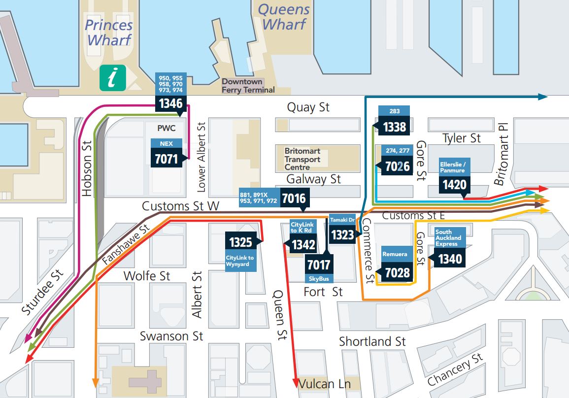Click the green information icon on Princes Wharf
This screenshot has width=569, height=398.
click(113, 78)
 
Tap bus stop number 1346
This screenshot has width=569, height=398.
click(170, 103)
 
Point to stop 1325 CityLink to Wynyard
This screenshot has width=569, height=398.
click(240, 242)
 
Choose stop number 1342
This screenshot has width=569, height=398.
click(303, 244)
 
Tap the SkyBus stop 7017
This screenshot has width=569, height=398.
click(318, 265)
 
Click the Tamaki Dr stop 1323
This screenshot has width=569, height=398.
click(342, 234)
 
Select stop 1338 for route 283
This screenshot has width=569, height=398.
click(395, 127)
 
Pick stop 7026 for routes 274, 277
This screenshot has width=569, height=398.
click(397, 166)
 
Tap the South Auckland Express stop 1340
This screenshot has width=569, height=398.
click(449, 258)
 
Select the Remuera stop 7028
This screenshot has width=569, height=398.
click(397, 272)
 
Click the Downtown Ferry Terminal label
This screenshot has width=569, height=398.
click(248, 86)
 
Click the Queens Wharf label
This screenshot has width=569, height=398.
click(284, 17)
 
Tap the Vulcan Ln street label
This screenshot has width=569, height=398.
click(323, 384)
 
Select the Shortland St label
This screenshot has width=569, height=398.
click(372, 341)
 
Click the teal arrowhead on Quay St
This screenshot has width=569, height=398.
click(543, 97)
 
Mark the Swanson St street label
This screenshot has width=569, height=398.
click(171, 336)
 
